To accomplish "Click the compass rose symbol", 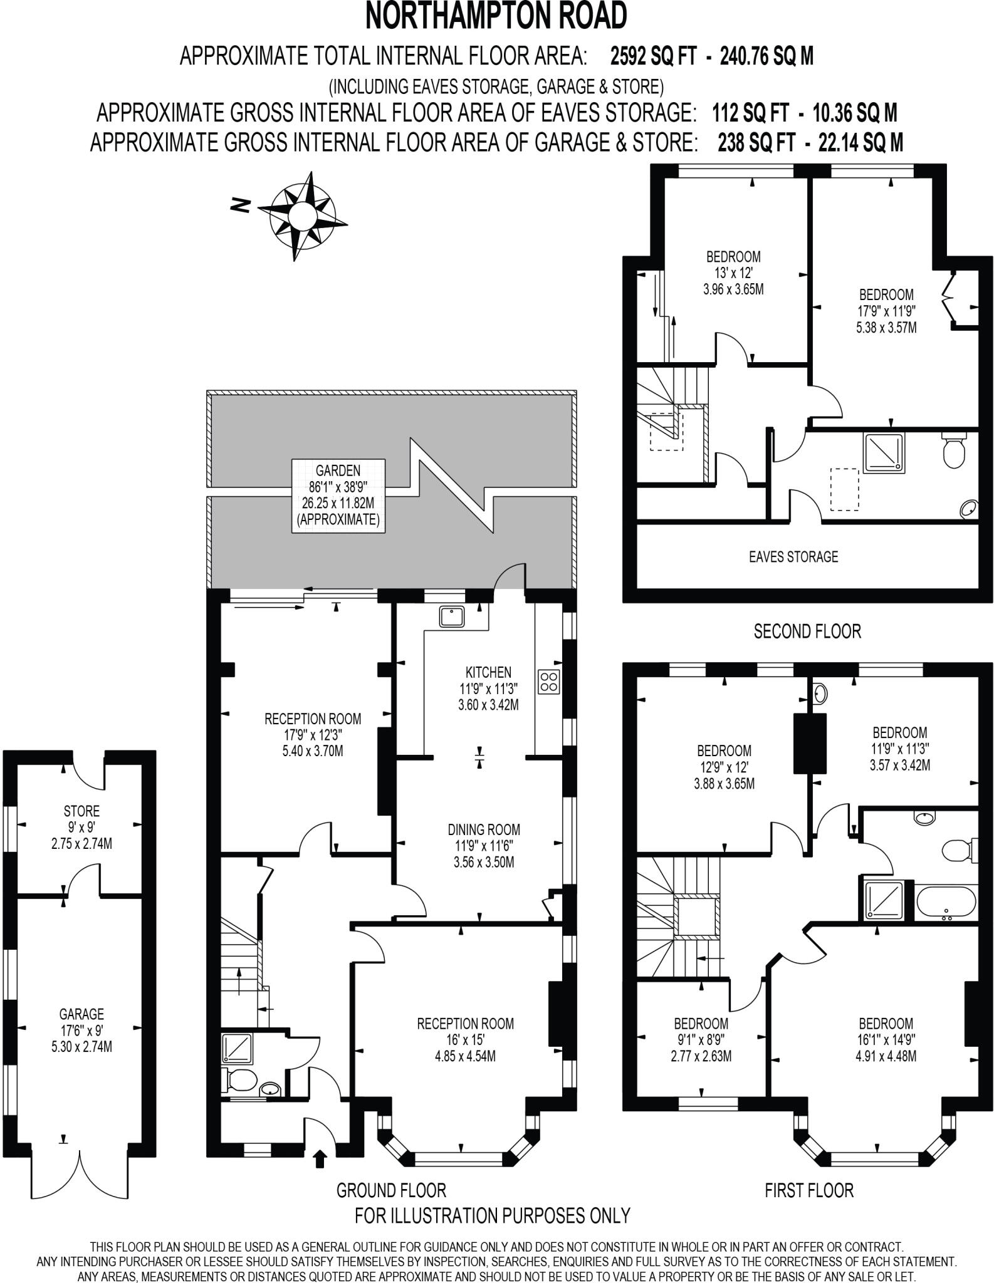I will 302,216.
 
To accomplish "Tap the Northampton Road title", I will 496,17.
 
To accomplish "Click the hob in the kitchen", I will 549,682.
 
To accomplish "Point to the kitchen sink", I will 451,616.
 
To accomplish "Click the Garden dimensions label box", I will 338,496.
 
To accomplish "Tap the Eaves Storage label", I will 793,557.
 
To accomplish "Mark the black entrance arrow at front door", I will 320,1158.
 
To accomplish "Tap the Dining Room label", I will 484,846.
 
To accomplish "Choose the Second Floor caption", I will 807,631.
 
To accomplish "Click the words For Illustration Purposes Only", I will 492,1216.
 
